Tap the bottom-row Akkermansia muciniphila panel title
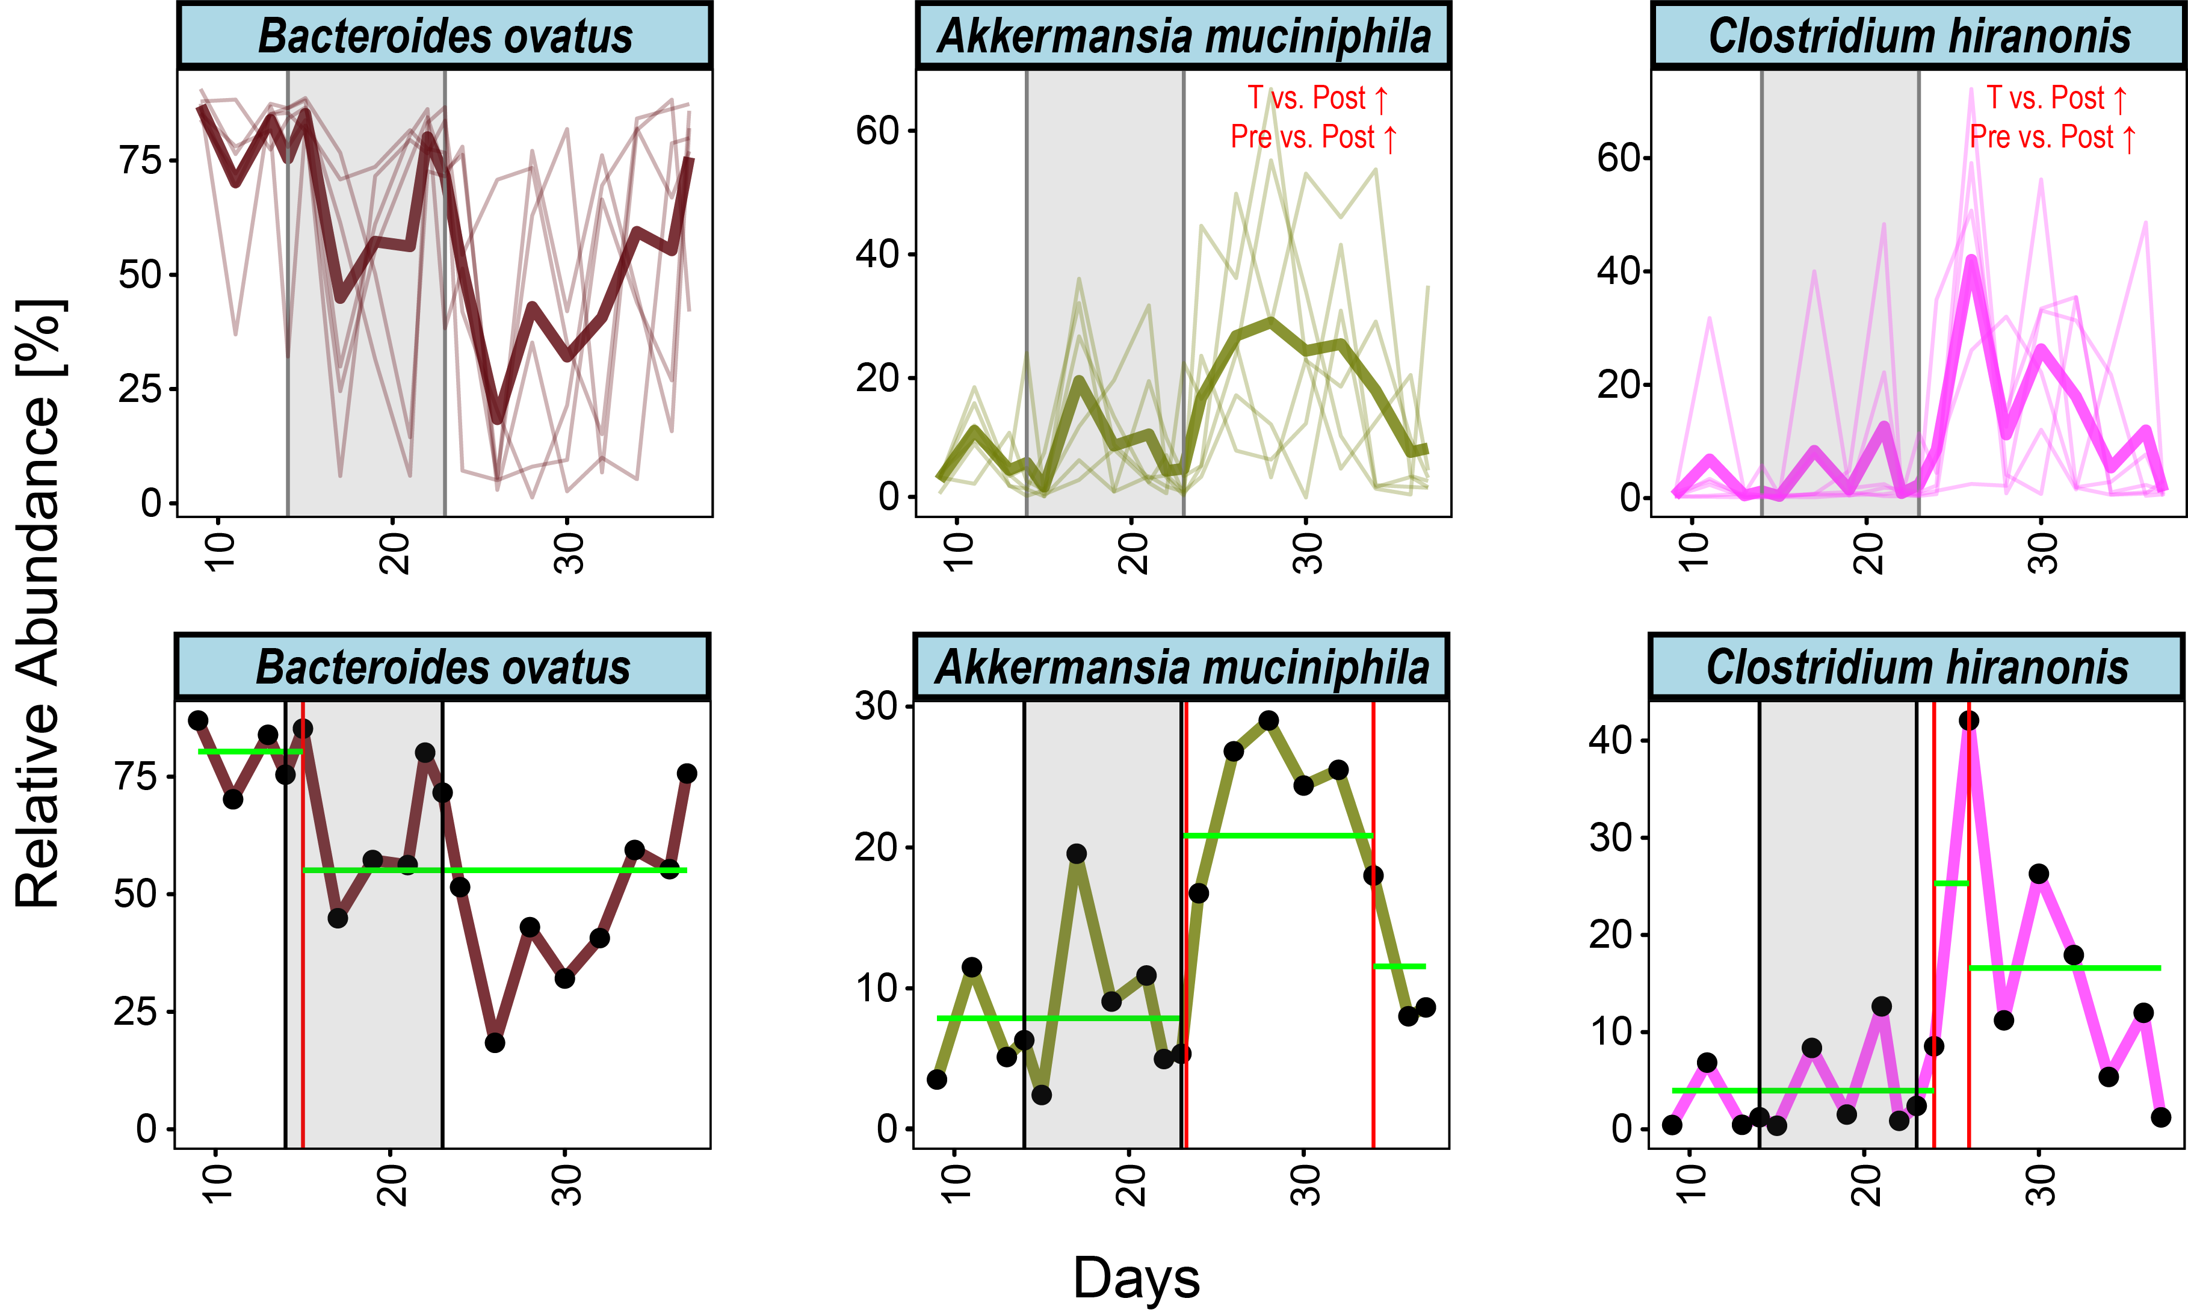1182,667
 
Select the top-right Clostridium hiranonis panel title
1918,36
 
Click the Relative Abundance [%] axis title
38,603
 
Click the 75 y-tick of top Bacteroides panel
140,161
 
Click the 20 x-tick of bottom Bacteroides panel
393,1185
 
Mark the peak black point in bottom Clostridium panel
1969,720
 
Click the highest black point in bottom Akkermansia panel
1269,720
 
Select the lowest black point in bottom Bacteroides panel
495,1043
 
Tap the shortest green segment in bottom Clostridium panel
1952,883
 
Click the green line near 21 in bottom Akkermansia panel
1278,835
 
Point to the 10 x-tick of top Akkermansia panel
959,554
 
